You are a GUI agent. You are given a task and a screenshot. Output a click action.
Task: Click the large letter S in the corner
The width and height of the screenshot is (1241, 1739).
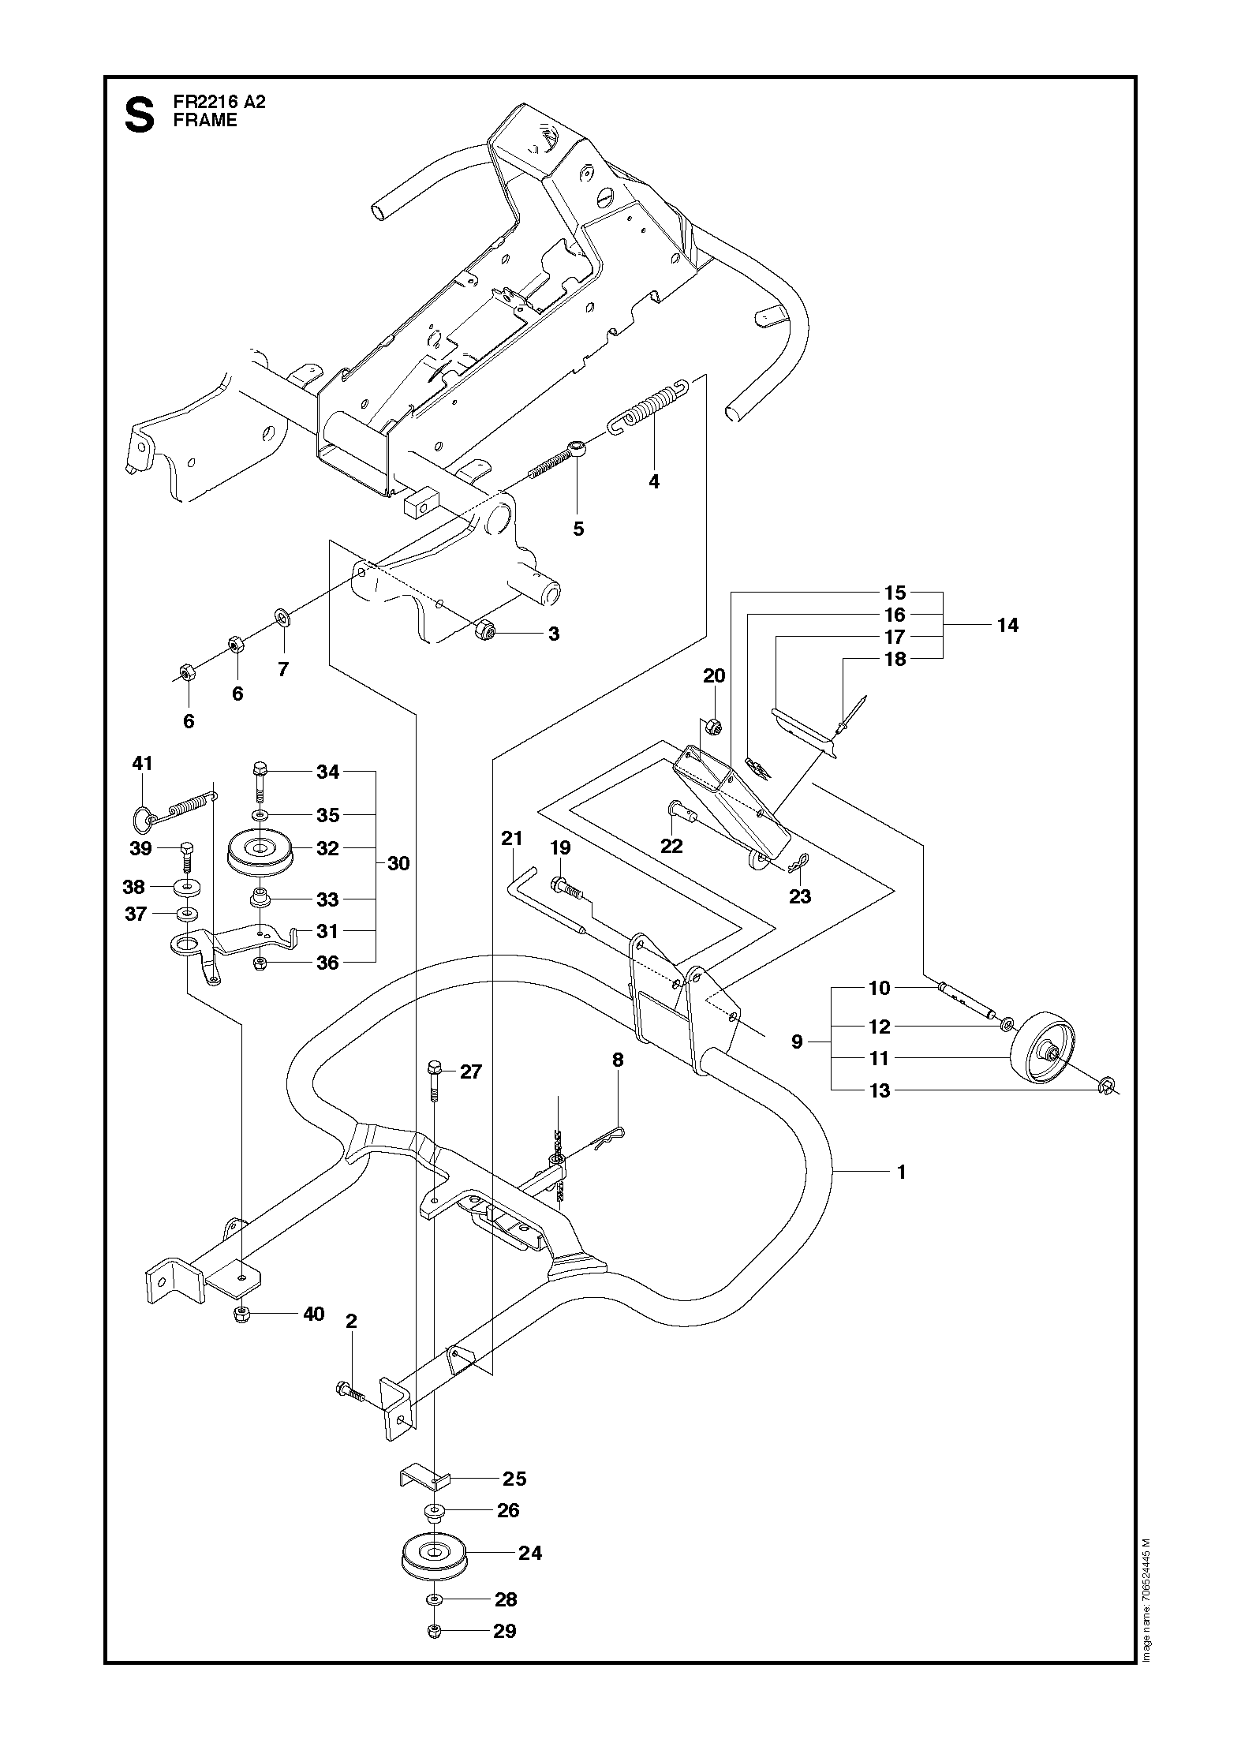click(x=140, y=114)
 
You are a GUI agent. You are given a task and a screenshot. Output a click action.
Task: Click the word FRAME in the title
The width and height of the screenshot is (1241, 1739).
click(x=205, y=121)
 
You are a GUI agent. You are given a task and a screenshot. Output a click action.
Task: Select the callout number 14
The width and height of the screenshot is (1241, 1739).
click(x=1007, y=626)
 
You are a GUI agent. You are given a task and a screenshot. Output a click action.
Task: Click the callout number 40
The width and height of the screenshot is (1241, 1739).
click(x=314, y=1314)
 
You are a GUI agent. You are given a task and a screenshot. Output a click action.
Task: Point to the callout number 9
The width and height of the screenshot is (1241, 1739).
click(x=797, y=1042)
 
